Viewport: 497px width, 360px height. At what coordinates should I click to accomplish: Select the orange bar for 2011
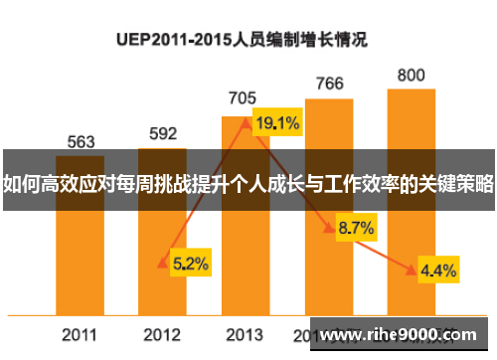81,239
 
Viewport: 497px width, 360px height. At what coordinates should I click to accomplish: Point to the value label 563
81,141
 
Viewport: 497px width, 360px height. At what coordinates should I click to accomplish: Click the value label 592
163,133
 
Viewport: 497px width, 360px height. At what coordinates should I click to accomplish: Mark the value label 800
411,75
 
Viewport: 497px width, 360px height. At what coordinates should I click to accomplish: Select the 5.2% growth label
190,264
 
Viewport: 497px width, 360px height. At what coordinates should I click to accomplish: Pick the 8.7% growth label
355,228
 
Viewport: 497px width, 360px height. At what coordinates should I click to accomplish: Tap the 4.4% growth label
438,270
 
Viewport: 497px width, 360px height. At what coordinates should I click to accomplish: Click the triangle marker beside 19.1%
246,123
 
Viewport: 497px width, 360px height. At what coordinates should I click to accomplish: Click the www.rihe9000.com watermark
404,333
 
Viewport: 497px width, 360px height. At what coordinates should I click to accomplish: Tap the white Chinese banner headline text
248,183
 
